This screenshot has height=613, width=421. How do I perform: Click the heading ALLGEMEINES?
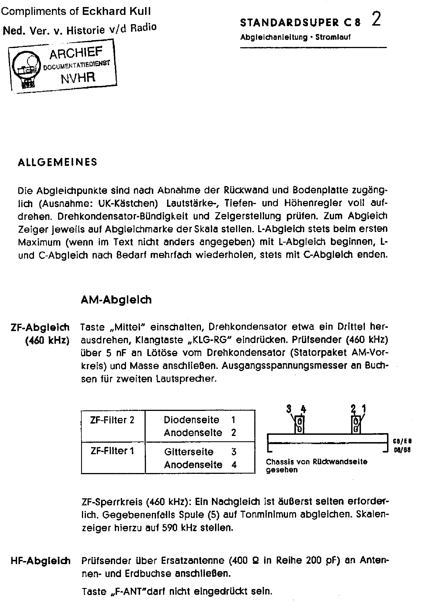(x=57, y=162)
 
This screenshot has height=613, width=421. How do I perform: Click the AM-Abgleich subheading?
(x=116, y=300)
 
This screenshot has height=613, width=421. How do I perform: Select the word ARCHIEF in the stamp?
(x=76, y=53)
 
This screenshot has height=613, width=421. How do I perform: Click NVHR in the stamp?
(x=78, y=78)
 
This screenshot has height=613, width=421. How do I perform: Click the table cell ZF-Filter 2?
(x=112, y=420)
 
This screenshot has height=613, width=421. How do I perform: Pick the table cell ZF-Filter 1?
(x=112, y=451)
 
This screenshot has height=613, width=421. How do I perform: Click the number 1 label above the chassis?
(x=364, y=408)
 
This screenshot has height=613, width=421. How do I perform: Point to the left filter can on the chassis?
(x=299, y=425)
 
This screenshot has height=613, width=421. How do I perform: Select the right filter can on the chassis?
(x=356, y=425)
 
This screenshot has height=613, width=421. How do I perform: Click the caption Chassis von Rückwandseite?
(x=316, y=462)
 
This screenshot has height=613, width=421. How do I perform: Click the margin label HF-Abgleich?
(x=40, y=561)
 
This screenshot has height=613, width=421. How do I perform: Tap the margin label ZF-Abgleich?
(x=40, y=327)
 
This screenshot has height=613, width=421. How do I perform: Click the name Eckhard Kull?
(x=116, y=11)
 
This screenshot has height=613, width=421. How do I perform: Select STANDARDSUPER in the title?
(x=289, y=23)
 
